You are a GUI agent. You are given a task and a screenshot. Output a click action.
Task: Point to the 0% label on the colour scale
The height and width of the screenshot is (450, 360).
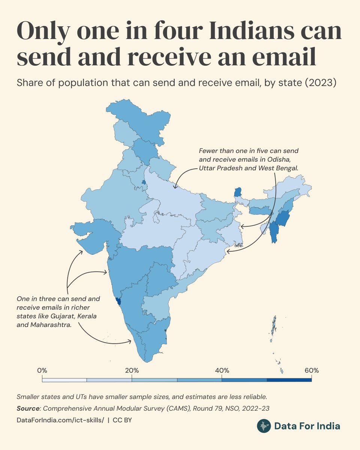click(x=42, y=370)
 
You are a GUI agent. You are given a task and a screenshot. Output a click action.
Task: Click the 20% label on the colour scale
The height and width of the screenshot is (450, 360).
click(x=132, y=370)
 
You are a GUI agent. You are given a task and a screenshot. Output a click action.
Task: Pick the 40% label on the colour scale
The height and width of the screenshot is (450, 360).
click(x=222, y=370)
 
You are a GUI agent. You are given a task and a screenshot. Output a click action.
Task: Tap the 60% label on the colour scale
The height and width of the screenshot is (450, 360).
click(x=312, y=370)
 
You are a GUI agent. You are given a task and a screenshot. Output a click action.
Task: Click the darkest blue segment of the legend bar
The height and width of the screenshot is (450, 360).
click(x=289, y=380)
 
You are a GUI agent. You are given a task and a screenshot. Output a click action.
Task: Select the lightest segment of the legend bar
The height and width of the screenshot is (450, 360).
click(x=64, y=380)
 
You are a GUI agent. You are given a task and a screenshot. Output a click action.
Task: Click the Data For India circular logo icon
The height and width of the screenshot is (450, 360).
click(x=264, y=426)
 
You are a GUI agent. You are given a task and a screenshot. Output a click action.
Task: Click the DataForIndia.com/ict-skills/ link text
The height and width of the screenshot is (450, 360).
click(x=60, y=420)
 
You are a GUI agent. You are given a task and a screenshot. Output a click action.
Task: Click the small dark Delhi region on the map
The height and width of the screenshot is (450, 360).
click(x=143, y=182)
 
